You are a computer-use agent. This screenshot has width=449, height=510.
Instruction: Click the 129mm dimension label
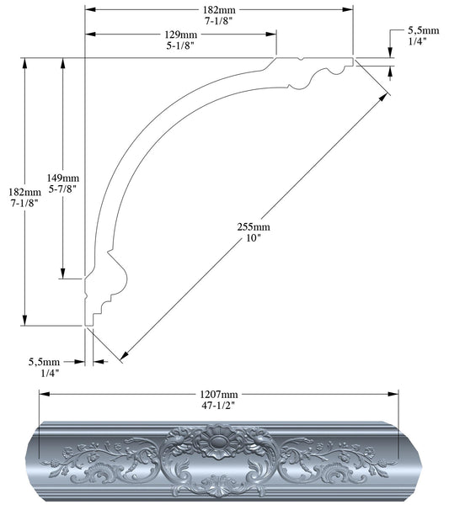click(181, 35)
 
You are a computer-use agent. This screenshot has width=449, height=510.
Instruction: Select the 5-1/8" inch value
click(181, 47)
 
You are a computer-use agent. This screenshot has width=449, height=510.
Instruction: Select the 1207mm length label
click(218, 394)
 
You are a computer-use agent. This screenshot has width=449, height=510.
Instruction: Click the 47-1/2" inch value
click(218, 406)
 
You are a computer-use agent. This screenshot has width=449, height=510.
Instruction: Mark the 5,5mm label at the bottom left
click(45, 363)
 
